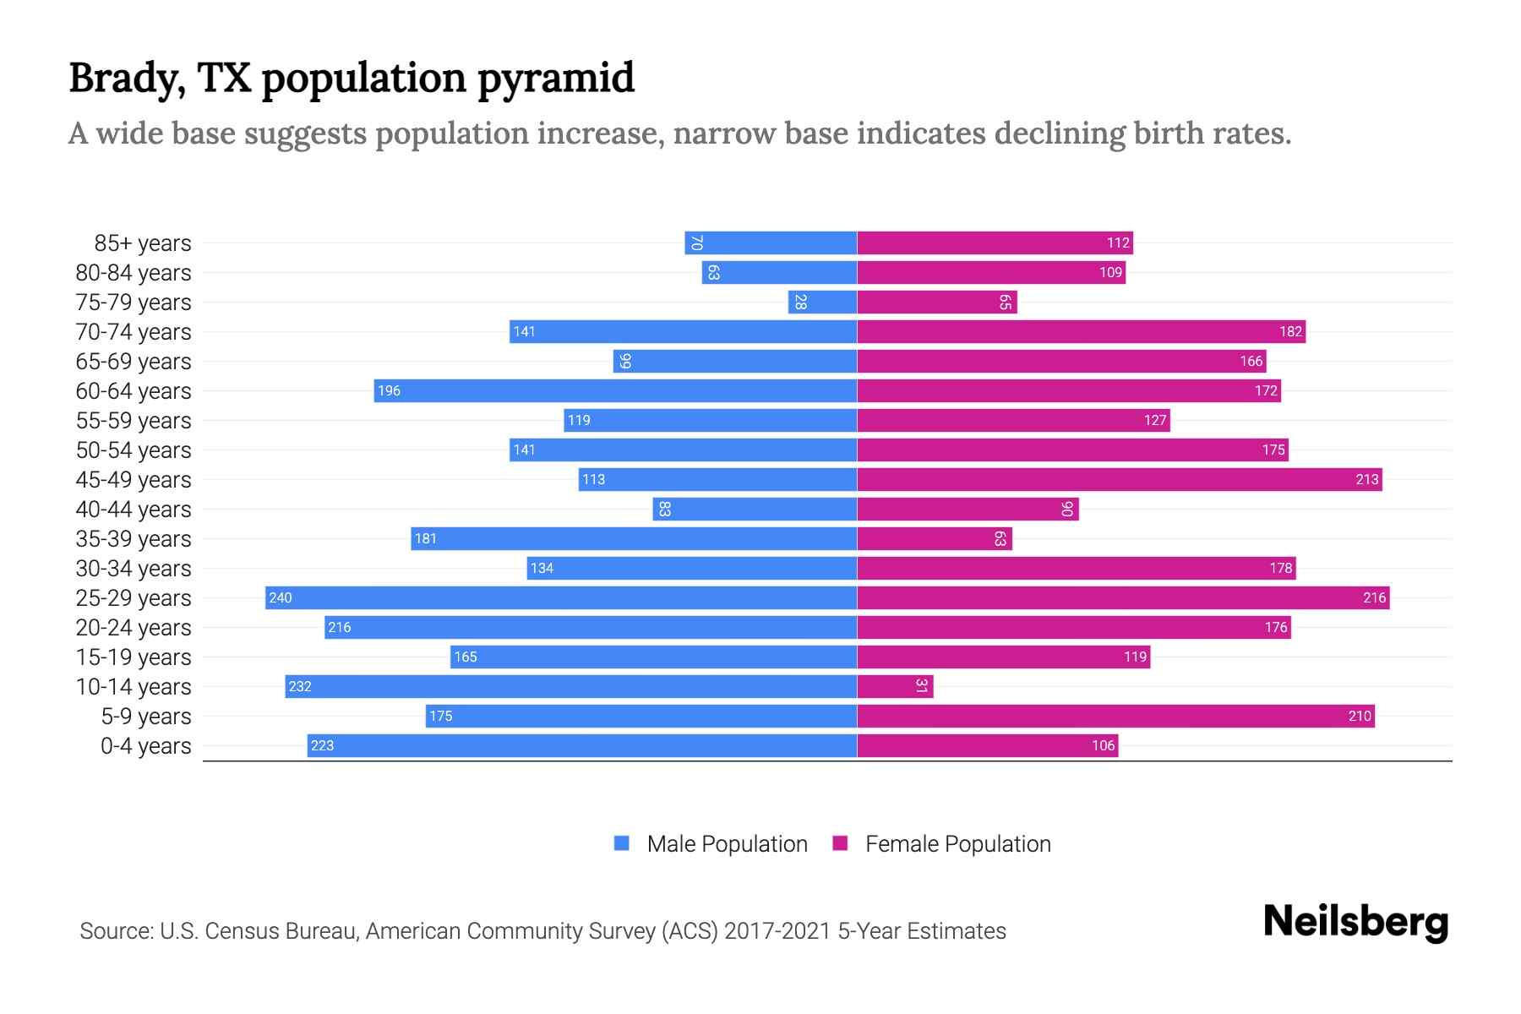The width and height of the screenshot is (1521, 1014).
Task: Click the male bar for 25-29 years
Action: point(561,597)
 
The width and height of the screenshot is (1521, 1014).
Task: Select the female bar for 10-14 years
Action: point(895,686)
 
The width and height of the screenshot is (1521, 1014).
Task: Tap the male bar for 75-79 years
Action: point(822,302)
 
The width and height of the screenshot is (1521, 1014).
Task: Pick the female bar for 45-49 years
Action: point(1120,479)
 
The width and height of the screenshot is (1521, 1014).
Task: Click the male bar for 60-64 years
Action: point(615,390)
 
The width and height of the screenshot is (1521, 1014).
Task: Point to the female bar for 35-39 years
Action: point(935,538)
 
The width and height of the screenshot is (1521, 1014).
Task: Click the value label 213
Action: point(1366,480)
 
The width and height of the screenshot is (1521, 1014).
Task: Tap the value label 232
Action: point(300,687)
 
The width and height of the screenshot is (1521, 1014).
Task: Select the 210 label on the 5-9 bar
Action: point(1359,717)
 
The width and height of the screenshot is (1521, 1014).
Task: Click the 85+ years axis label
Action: point(143,243)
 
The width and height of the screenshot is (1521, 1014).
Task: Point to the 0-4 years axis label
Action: point(145,746)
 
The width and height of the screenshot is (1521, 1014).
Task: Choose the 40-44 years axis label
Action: point(134,510)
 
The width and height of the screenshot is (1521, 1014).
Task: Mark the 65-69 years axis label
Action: point(134,362)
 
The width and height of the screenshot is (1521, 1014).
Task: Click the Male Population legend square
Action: point(622,843)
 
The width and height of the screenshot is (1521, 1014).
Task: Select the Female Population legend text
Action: point(957,844)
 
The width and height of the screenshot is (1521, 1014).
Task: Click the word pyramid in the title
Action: point(555,79)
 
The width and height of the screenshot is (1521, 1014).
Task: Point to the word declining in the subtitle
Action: point(1058,134)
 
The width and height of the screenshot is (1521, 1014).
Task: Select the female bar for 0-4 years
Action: point(987,745)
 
